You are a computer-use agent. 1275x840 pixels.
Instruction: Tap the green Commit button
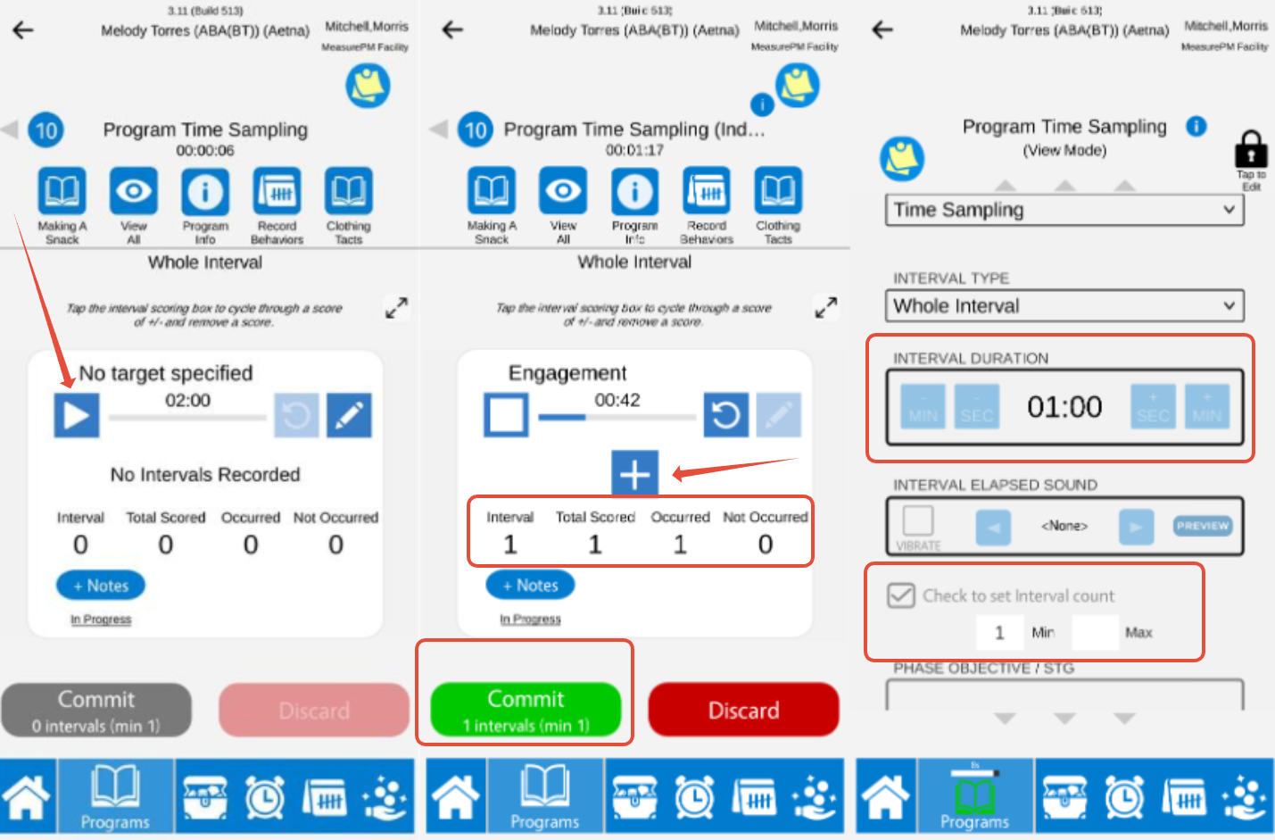tap(526, 710)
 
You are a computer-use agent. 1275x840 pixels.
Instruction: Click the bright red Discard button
tap(743, 710)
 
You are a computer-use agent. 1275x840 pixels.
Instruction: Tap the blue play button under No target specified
tap(77, 415)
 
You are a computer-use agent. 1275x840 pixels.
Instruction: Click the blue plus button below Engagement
tap(634, 473)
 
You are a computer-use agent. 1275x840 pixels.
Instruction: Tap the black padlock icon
tap(1251, 148)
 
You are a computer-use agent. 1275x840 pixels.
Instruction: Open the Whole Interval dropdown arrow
tap(1229, 306)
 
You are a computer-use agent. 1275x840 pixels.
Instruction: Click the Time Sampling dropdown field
tap(1064, 210)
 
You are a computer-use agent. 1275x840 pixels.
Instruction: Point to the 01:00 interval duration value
tap(1064, 407)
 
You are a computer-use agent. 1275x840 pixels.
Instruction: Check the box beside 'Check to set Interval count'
tap(901, 595)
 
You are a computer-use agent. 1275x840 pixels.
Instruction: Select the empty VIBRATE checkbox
tap(918, 520)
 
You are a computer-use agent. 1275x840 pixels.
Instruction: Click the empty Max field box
tap(1094, 632)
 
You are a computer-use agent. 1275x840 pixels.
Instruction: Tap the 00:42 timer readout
tap(617, 400)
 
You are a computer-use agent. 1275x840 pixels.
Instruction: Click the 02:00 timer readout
tap(187, 400)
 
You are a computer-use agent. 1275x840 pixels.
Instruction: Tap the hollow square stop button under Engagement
tap(506, 415)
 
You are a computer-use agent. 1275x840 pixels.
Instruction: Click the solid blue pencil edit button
tap(349, 415)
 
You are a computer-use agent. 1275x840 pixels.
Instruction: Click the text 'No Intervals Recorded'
tap(205, 475)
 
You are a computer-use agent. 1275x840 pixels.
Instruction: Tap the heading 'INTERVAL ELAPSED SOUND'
tap(995, 485)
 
